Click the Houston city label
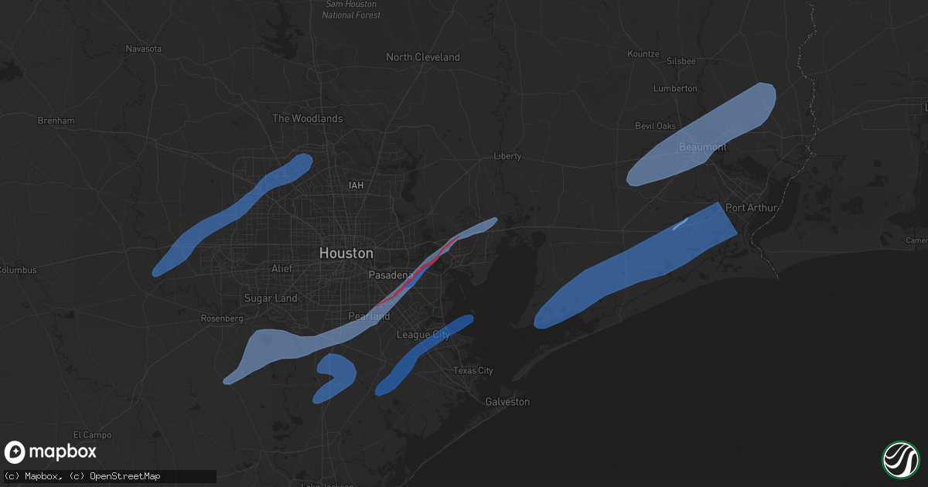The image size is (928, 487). (346, 253)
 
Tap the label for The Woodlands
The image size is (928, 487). (307, 118)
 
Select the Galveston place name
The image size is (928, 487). (507, 402)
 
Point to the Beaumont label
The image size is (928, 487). (703, 147)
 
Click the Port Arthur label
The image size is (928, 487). (751, 208)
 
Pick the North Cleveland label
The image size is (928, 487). (422, 57)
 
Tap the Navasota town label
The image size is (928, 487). (144, 49)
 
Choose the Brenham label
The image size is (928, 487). (56, 121)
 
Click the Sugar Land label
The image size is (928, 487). (270, 298)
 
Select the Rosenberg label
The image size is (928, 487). (222, 318)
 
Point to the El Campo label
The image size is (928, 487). (92, 435)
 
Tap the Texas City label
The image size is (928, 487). (473, 371)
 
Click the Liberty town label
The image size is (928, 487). (507, 156)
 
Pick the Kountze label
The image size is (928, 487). (643, 54)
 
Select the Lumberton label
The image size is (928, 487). (675, 89)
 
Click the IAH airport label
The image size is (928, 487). (356, 186)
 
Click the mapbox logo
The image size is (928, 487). (51, 452)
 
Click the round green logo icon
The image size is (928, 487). (900, 458)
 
